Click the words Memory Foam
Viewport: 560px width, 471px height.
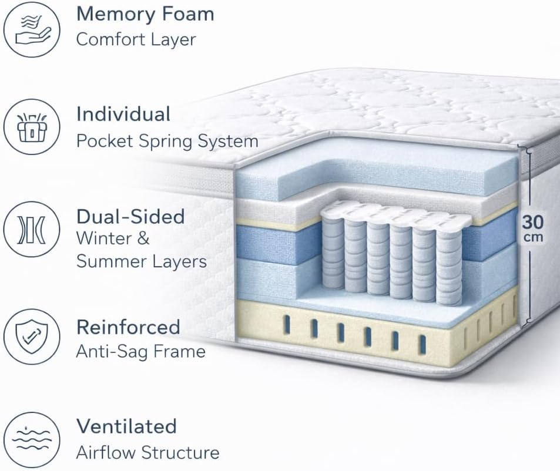pos(145,14)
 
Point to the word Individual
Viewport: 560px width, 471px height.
pos(123,114)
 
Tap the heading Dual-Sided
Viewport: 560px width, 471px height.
pos(130,217)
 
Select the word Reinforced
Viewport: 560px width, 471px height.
pos(128,327)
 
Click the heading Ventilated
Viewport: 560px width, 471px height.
pos(126,426)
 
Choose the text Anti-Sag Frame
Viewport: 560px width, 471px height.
pos(141,352)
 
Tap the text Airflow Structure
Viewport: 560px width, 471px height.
pos(147,453)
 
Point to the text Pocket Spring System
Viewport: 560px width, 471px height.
pos(167,142)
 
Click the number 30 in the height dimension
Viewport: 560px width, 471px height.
pos(533,223)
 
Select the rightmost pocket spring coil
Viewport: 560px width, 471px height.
pos(448,264)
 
